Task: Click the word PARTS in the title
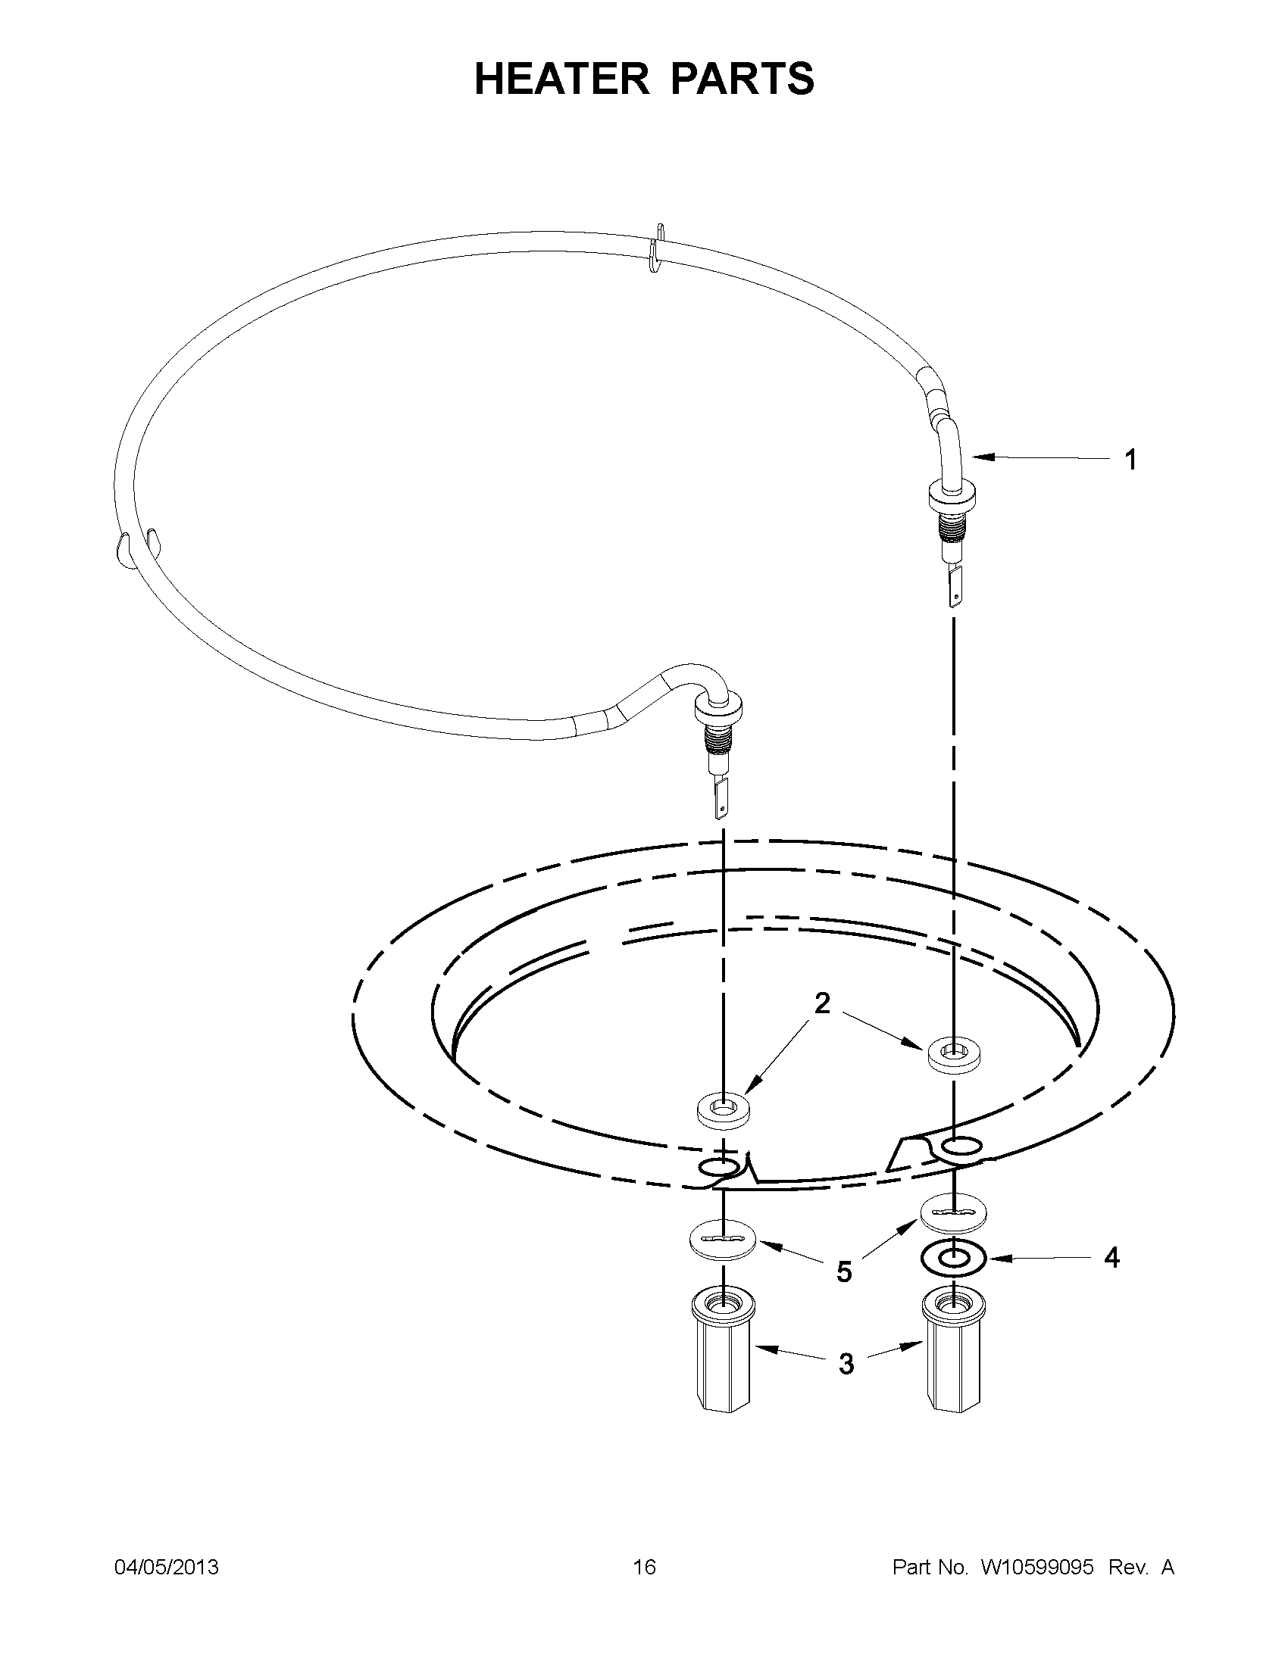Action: coord(742,79)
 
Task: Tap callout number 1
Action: coord(1131,460)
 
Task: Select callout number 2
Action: coord(821,1003)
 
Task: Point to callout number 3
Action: coord(846,1363)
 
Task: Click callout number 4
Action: coord(1111,1258)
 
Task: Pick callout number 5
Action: coord(843,1271)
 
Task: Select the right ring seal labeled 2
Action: coord(954,1056)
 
